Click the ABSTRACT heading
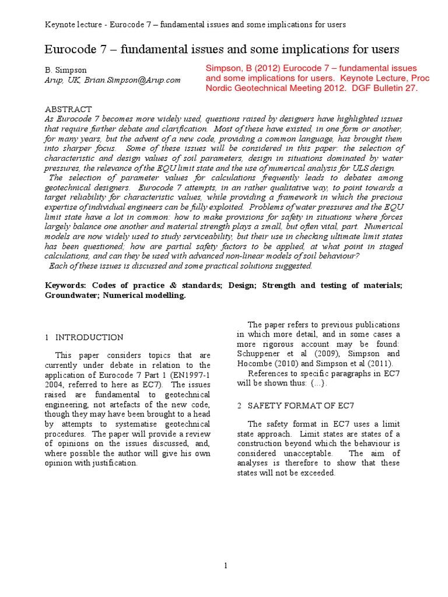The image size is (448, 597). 68,109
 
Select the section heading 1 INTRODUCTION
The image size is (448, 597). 84,337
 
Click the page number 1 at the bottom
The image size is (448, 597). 225,565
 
